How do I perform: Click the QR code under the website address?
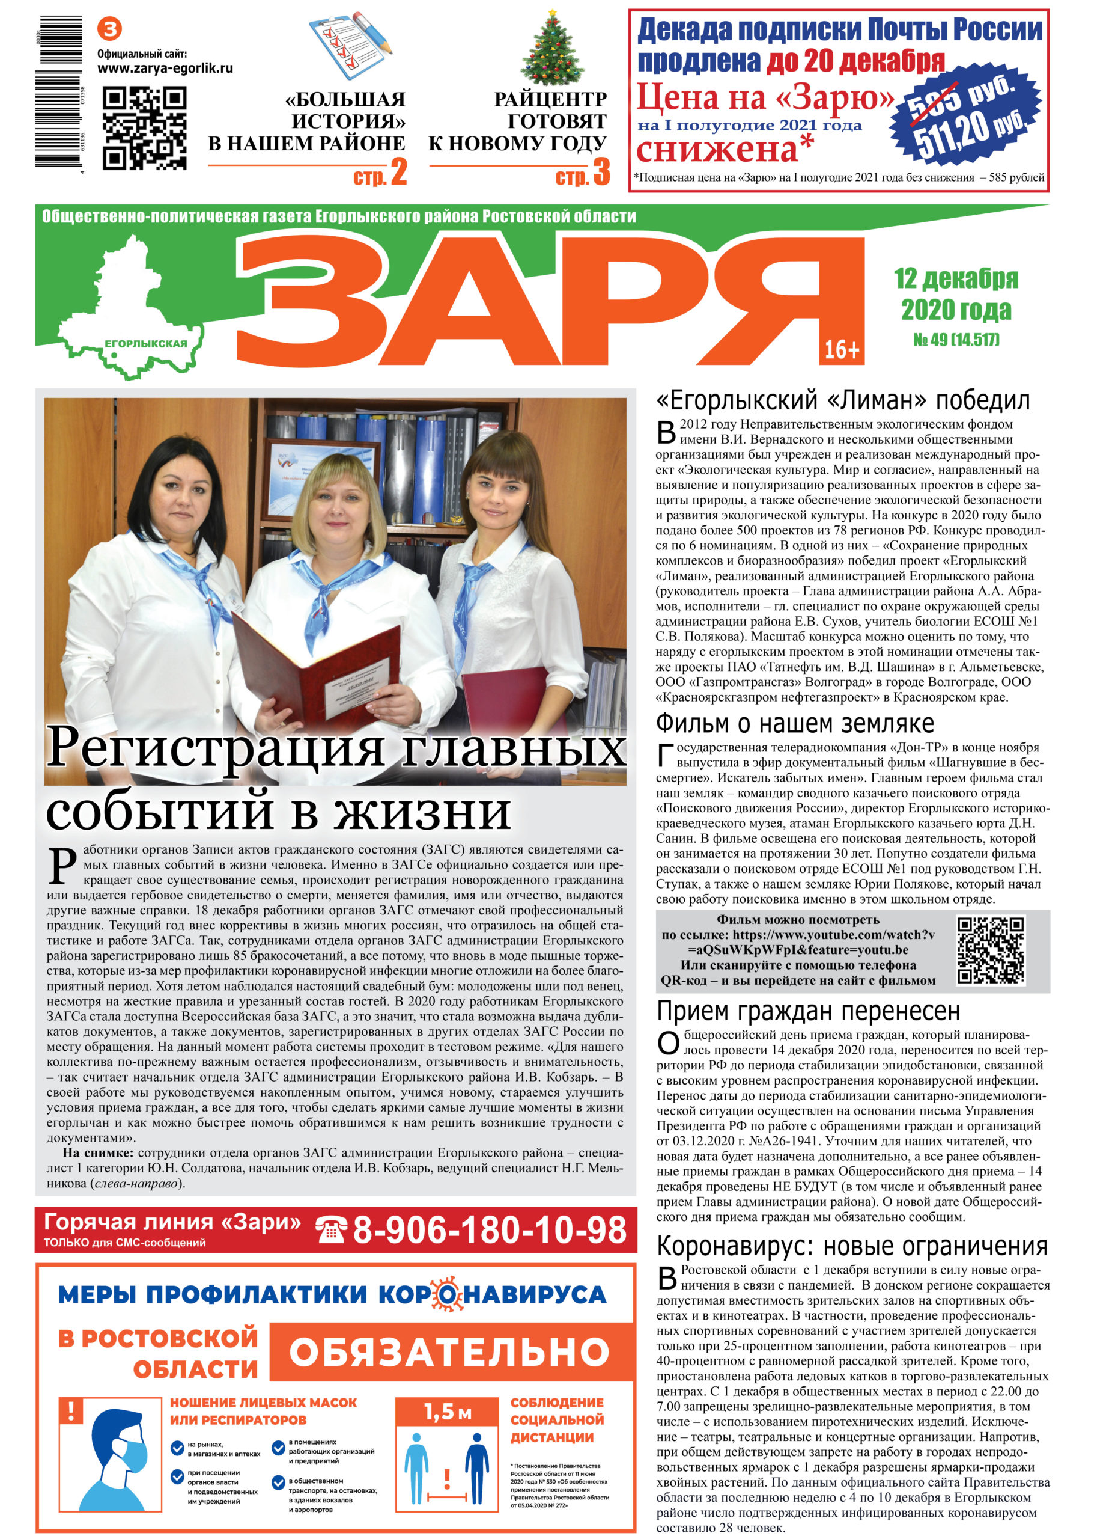coord(144,127)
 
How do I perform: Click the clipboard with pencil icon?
coord(351,43)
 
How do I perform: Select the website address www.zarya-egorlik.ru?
coord(165,69)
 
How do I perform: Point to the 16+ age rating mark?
coord(841,349)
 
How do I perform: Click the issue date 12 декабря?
coord(955,278)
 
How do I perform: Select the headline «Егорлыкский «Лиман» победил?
coord(842,401)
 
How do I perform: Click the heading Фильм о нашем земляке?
coord(794,723)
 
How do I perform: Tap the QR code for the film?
coord(990,950)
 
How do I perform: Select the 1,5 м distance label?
coord(447,1412)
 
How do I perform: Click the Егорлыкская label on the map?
coord(145,343)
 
